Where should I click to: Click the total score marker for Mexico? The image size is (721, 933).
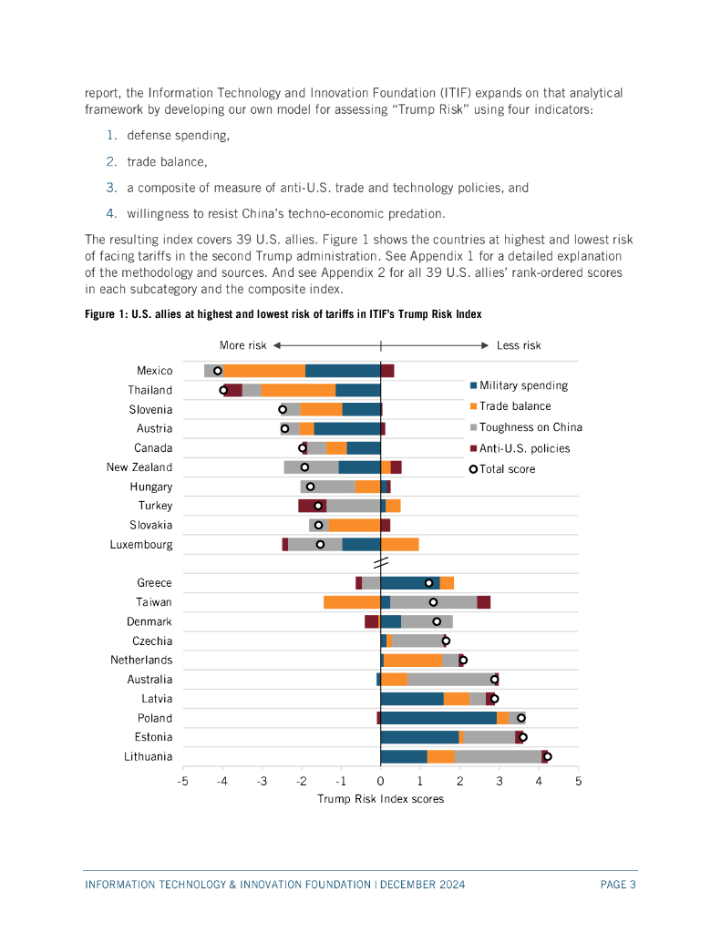pos(218,371)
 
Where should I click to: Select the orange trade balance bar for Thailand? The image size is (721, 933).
pos(298,390)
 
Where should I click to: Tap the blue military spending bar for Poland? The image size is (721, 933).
pos(438,718)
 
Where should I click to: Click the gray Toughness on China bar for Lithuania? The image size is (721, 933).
pos(498,756)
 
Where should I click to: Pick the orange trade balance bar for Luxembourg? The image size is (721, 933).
pos(400,545)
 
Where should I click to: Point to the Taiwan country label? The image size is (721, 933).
pos(154,602)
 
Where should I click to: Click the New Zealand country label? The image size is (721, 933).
pos(139,467)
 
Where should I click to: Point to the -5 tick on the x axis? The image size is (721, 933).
pos(183,782)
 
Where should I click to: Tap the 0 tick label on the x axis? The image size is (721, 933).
pos(381,782)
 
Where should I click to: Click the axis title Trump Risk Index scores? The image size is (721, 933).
pos(381,799)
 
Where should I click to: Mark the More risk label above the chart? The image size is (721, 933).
pos(243,345)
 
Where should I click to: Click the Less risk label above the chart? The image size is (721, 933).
pos(519,345)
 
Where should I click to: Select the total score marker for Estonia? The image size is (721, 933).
pos(523,737)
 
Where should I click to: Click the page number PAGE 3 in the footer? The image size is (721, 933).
pos(618,885)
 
